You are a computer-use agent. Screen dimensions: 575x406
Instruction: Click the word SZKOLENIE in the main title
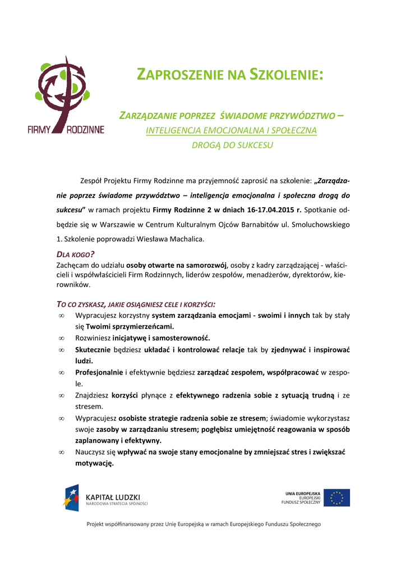coord(286,75)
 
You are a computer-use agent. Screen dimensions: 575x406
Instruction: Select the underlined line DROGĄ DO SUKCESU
coord(232,145)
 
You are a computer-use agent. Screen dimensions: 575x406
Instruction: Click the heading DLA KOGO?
coord(76,254)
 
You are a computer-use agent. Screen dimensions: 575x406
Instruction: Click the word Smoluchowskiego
coord(321,225)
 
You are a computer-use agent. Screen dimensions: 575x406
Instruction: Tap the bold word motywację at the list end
coord(94,463)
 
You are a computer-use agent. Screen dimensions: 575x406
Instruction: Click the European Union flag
coord(337,498)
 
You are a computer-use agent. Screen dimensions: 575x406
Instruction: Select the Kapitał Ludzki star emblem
coord(71,498)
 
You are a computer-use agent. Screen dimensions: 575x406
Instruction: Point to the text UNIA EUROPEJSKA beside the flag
coord(303,493)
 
